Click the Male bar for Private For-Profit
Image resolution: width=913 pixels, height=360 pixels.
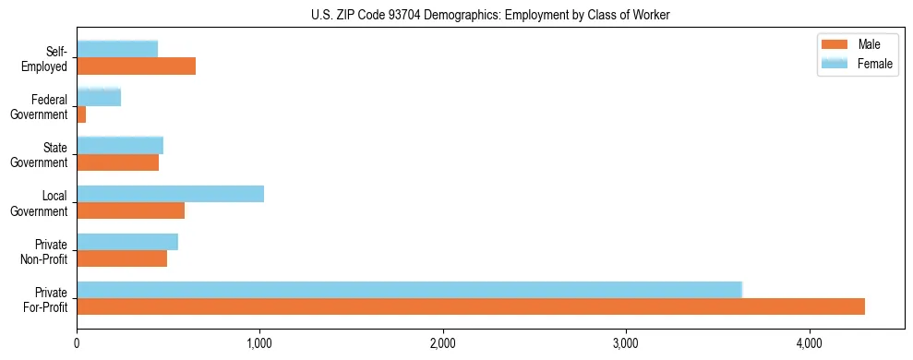click(471, 306)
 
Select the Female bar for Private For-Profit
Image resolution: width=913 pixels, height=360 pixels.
click(409, 290)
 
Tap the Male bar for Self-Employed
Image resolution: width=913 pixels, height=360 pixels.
click(136, 66)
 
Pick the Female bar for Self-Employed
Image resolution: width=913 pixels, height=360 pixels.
click(117, 49)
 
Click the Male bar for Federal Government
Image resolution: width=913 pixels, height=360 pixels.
click(81, 114)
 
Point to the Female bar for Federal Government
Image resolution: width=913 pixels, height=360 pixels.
click(99, 97)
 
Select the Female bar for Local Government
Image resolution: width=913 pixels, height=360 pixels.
click(170, 194)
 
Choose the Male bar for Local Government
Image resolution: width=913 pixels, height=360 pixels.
click(130, 210)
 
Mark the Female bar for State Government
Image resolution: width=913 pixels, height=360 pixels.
click(120, 146)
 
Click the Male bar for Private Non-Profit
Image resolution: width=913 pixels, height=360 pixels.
click(122, 258)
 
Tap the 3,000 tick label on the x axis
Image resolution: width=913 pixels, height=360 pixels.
click(626, 343)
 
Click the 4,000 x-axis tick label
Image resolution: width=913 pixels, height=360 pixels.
click(810, 343)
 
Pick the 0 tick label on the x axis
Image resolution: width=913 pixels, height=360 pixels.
click(77, 343)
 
